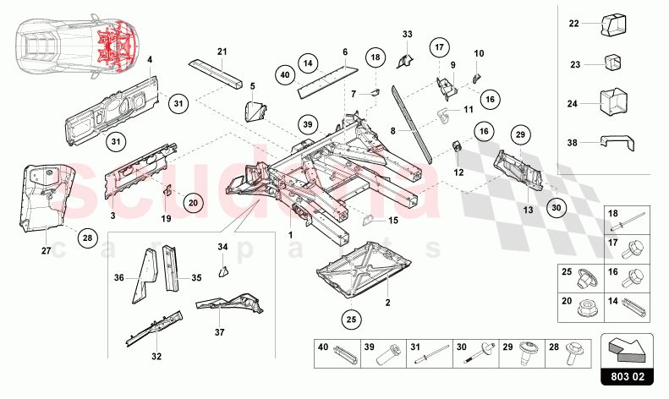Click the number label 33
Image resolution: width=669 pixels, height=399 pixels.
(407, 35)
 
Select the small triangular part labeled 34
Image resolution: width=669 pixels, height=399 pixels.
(225, 270)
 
